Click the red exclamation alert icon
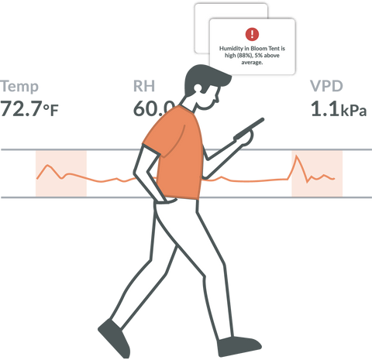(252, 34)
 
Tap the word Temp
(19, 86)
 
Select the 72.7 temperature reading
(21, 108)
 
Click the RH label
(144, 86)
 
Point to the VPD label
(326, 86)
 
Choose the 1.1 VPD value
(325, 108)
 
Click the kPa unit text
(353, 111)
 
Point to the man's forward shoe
(239, 346)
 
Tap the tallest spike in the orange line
(296, 156)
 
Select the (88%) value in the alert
(244, 56)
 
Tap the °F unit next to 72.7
(51, 110)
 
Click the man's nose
(217, 99)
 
